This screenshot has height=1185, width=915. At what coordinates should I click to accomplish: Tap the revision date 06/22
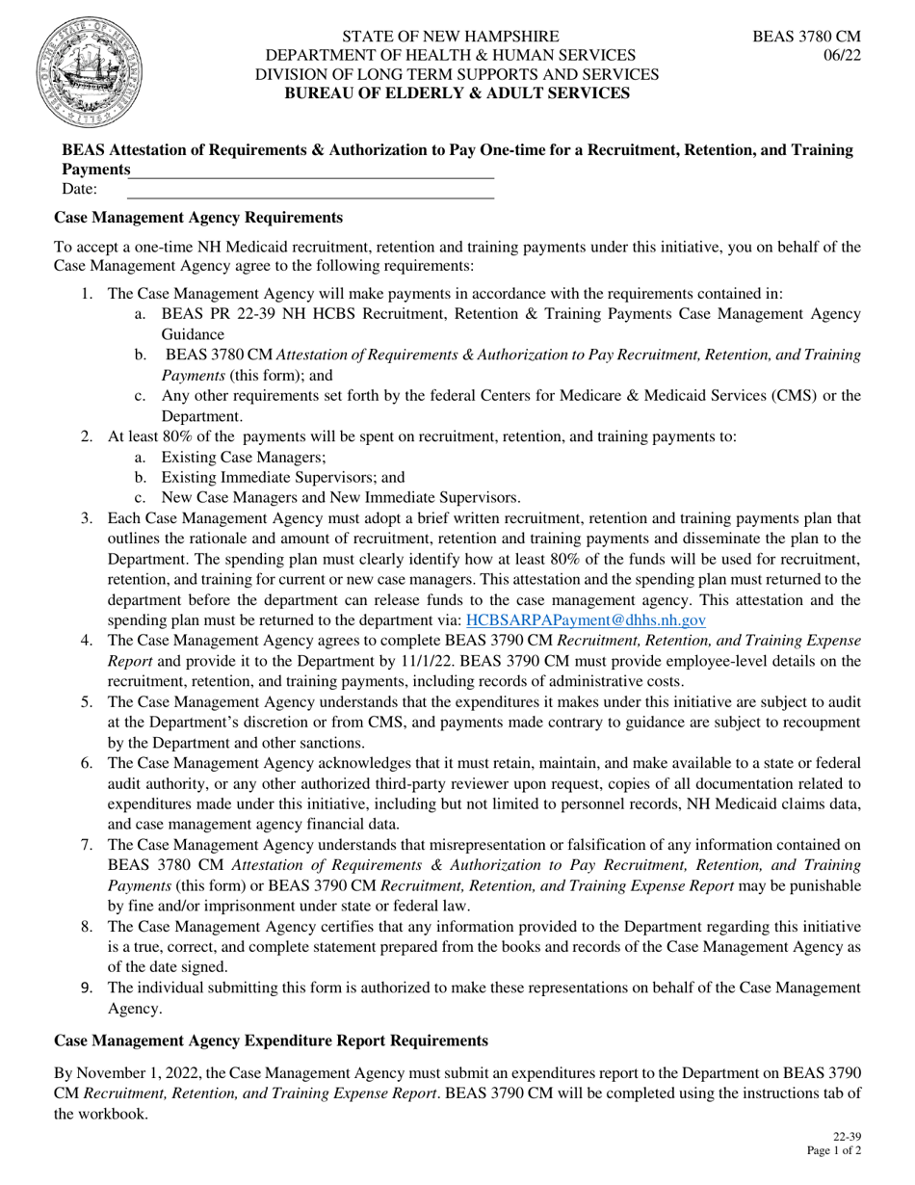click(842, 56)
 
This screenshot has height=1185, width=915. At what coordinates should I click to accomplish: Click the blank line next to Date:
click(311, 190)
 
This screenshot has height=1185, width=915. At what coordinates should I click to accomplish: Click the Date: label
click(79, 189)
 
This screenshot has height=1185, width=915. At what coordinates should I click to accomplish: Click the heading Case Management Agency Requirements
click(197, 218)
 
